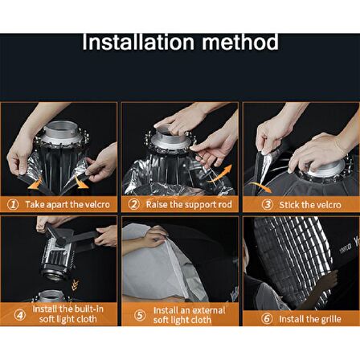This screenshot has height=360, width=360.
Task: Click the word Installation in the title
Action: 138,42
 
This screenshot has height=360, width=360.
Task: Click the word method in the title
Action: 240,42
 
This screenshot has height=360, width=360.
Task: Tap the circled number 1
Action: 13,205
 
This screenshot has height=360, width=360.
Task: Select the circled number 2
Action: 133,204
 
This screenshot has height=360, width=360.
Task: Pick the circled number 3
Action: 267,205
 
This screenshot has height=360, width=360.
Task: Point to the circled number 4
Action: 20,315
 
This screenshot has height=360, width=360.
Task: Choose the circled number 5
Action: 140,315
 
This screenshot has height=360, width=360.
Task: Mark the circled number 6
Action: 267,319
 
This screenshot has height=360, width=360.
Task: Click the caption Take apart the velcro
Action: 67,205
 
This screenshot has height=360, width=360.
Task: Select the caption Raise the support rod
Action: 189,204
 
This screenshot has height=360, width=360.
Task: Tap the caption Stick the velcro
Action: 310,205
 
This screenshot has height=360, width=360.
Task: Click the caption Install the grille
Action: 310,319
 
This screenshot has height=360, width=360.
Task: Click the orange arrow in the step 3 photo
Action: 260,186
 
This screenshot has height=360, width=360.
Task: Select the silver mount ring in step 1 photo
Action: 63,132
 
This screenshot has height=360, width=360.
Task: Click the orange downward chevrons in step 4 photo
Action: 74,285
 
